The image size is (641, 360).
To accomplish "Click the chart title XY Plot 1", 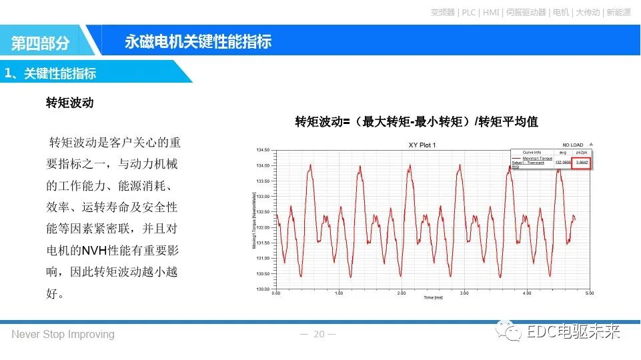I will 422,145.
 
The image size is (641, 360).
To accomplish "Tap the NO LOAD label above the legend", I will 572,145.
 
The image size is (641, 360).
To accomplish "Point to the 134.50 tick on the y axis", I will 262,150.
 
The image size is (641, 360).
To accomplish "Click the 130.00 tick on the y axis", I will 262,289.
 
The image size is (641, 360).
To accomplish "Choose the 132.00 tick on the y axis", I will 262,227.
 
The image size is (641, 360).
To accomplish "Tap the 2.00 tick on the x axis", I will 401,293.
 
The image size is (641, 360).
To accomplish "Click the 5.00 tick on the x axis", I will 589,293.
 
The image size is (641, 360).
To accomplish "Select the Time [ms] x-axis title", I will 433,298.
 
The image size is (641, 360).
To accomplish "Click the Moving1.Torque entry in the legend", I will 536,158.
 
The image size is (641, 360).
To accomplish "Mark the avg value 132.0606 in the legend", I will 564,162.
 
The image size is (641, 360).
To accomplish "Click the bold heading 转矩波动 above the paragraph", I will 69,103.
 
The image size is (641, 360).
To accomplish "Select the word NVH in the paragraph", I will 95,251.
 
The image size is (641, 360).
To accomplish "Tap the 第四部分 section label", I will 40,43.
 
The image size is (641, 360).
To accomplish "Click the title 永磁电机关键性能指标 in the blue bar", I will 197,41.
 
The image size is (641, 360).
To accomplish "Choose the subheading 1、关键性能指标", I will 51,73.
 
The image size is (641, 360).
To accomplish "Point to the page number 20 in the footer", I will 319,334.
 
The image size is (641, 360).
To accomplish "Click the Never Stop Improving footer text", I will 63,334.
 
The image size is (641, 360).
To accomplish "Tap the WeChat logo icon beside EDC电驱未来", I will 512,331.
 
